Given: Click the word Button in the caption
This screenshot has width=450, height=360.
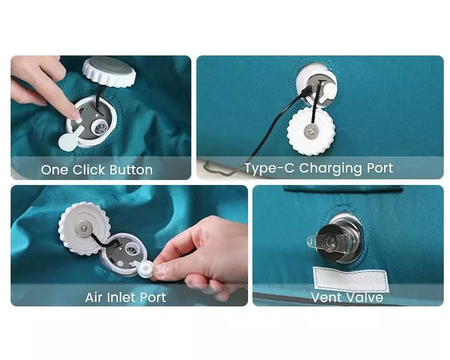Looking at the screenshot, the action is [131, 170].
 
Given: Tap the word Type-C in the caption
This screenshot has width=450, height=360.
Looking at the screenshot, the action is [269, 168].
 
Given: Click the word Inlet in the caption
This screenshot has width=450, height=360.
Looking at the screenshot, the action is [121, 297].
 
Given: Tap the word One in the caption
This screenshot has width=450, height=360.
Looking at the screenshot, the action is [54, 170].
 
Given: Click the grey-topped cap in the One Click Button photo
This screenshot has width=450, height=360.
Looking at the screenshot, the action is [109, 72].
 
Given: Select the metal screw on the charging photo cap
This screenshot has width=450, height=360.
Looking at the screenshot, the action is [312, 131].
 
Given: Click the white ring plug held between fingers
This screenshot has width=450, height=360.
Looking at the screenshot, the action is [146, 269].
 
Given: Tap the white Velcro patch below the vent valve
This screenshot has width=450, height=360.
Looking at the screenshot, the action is [350, 279].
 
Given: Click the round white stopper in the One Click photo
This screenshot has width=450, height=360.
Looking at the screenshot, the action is [68, 141].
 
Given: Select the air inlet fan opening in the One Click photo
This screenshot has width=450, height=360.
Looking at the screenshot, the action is [99, 127].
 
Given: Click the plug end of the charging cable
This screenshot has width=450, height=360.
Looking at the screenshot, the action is [306, 90].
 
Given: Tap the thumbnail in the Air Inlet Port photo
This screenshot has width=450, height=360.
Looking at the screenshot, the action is [160, 272].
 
